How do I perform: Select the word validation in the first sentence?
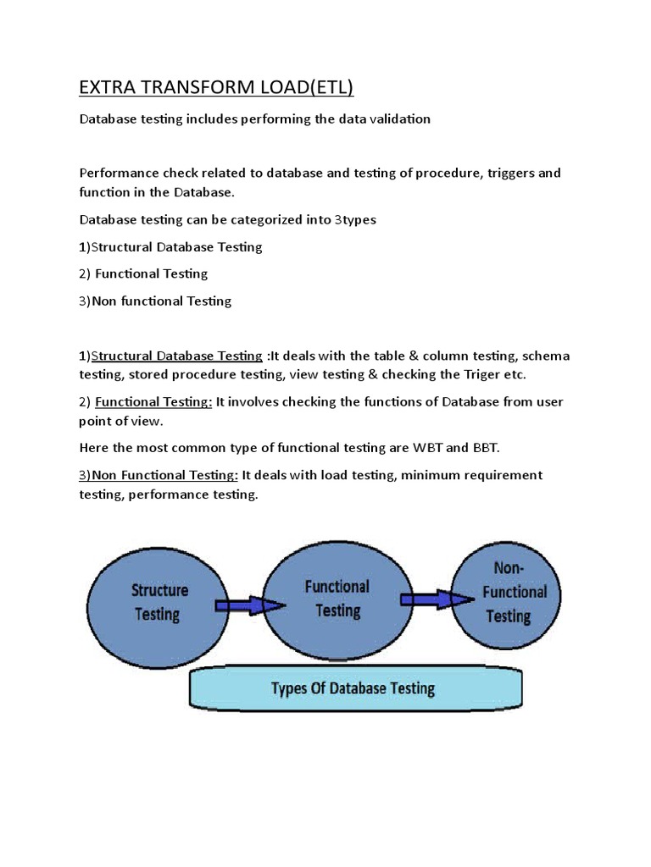point(398,119)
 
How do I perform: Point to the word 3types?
point(355,219)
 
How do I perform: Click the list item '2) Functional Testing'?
point(143,273)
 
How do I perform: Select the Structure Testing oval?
point(159,601)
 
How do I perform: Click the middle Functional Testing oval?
point(337,598)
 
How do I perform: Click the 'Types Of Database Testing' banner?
point(352,688)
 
